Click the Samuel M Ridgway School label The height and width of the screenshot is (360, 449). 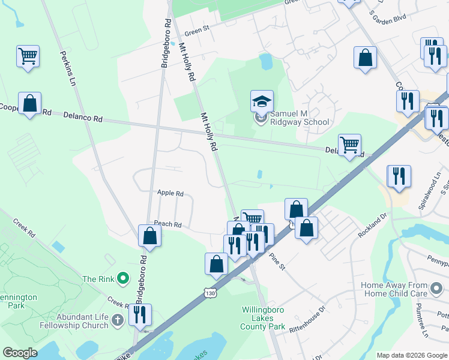(x=300, y=117)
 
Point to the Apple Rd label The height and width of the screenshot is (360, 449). (x=170, y=193)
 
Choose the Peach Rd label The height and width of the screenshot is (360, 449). (x=167, y=224)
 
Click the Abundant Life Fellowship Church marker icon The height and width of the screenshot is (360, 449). (x=118, y=320)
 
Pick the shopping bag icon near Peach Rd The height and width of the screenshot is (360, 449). (x=149, y=236)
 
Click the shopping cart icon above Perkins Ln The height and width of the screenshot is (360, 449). (x=28, y=56)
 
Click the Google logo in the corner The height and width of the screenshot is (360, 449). (x=20, y=352)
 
